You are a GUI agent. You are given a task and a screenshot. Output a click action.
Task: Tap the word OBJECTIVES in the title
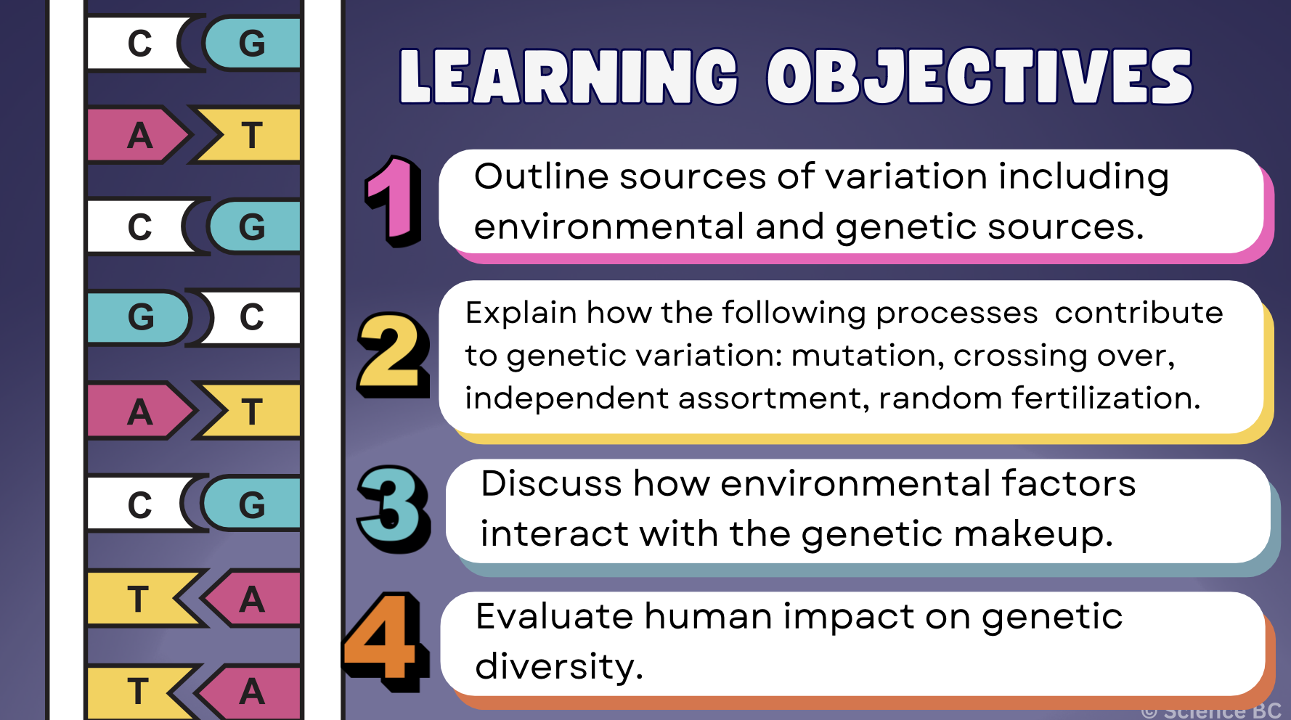[980, 77]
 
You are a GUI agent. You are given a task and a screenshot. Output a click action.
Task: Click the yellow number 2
[392, 354]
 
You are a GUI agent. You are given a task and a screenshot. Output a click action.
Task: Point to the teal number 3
[393, 508]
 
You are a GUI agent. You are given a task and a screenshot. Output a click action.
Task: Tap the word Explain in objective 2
[521, 314]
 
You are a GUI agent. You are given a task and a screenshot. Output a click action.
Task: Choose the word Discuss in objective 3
[551, 484]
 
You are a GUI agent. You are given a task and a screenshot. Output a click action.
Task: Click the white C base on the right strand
[252, 317]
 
